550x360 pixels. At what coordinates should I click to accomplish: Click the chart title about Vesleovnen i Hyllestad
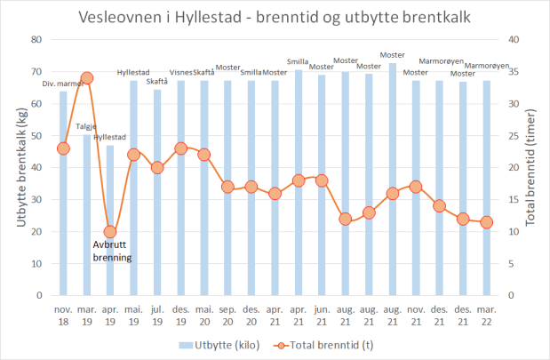pos(275,18)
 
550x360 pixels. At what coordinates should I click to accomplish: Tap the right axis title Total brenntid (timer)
pos(532,167)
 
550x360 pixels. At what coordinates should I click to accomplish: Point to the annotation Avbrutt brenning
pos(112,251)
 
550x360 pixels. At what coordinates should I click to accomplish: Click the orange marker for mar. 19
pos(87,78)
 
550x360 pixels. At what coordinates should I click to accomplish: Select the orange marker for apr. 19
pos(110,231)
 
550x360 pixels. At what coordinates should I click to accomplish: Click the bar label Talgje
pos(87,127)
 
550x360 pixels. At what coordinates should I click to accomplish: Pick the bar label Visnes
pos(181,73)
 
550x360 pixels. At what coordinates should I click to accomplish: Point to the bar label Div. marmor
pos(63,84)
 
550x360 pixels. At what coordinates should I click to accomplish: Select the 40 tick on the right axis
pos(513,39)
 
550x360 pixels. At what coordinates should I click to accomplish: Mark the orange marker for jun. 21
pos(322,180)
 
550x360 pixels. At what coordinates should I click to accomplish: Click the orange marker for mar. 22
pos(486,222)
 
